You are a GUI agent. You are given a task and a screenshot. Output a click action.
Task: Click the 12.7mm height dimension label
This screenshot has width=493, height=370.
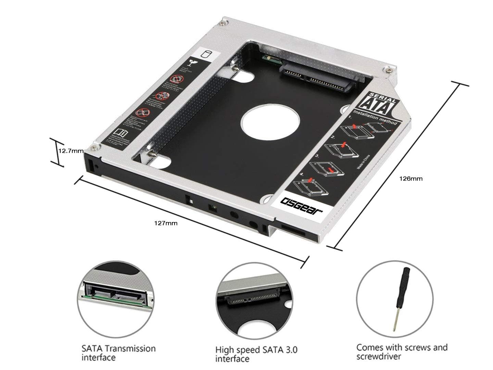tap(71, 151)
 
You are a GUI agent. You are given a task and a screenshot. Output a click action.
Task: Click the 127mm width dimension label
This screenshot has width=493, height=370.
tap(166, 223)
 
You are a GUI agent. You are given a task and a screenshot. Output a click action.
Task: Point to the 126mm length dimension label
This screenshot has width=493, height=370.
tap(411, 178)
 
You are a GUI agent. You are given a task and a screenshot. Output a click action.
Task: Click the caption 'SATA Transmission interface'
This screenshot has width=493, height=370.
tap(118, 353)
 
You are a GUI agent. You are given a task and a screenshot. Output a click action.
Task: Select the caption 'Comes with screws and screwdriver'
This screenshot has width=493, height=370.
tap(402, 351)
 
